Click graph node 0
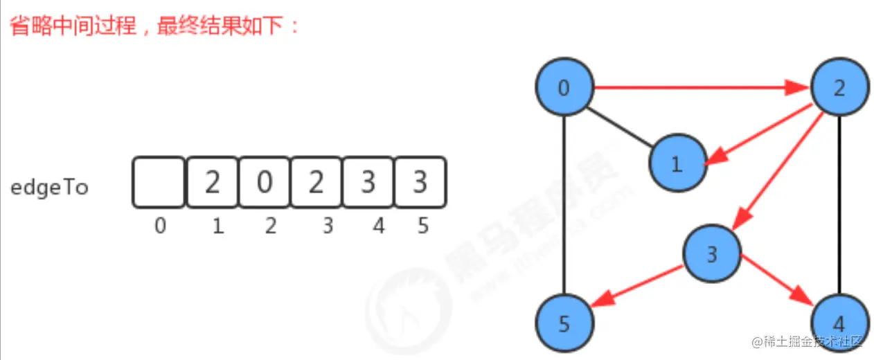[x=564, y=88]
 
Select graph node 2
[x=839, y=88]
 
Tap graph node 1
[x=677, y=163]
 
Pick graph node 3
[x=712, y=254]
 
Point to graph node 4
[x=839, y=322]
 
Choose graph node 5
[x=564, y=322]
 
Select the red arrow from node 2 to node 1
[x=762, y=133]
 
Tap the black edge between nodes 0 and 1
[x=620, y=125]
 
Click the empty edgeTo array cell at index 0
[x=159, y=182]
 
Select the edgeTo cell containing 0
[x=264, y=182]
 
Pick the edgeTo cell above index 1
[x=212, y=182]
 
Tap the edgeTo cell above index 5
[x=420, y=182]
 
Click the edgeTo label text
[x=49, y=187]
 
